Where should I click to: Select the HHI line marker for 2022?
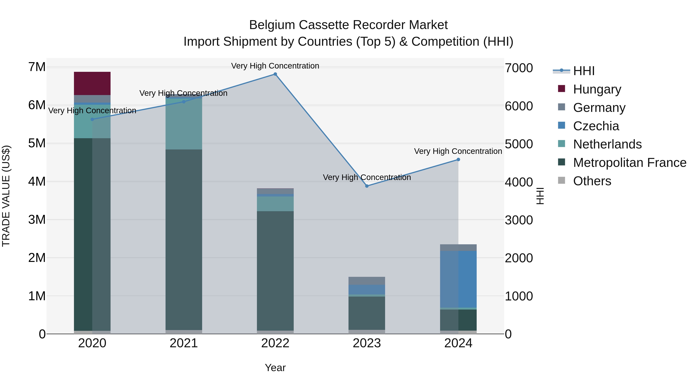[275, 74]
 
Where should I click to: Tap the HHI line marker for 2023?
[367, 186]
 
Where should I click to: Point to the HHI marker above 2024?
[458, 160]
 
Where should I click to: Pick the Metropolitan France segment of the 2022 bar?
[275, 271]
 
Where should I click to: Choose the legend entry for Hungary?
[597, 89]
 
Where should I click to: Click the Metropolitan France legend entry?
[629, 163]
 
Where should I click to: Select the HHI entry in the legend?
[584, 71]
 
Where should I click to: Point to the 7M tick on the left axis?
[37, 67]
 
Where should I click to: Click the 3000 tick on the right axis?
[518, 220]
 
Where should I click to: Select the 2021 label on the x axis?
[184, 343]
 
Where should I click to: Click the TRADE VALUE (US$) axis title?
[6, 196]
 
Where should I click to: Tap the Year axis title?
[275, 368]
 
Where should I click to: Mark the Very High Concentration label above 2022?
[275, 66]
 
